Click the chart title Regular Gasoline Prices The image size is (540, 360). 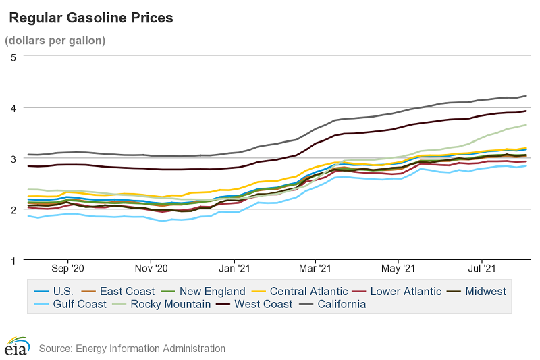point(90,18)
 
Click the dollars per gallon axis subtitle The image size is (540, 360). point(55,40)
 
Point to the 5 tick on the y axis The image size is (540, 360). point(13,57)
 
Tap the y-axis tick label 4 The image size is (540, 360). point(13,107)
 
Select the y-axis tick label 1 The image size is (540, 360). point(13,260)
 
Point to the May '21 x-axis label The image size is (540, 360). point(399,268)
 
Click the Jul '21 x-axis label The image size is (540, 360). point(483,268)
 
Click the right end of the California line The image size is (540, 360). point(526,96)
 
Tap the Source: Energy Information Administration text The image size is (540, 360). point(132,349)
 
